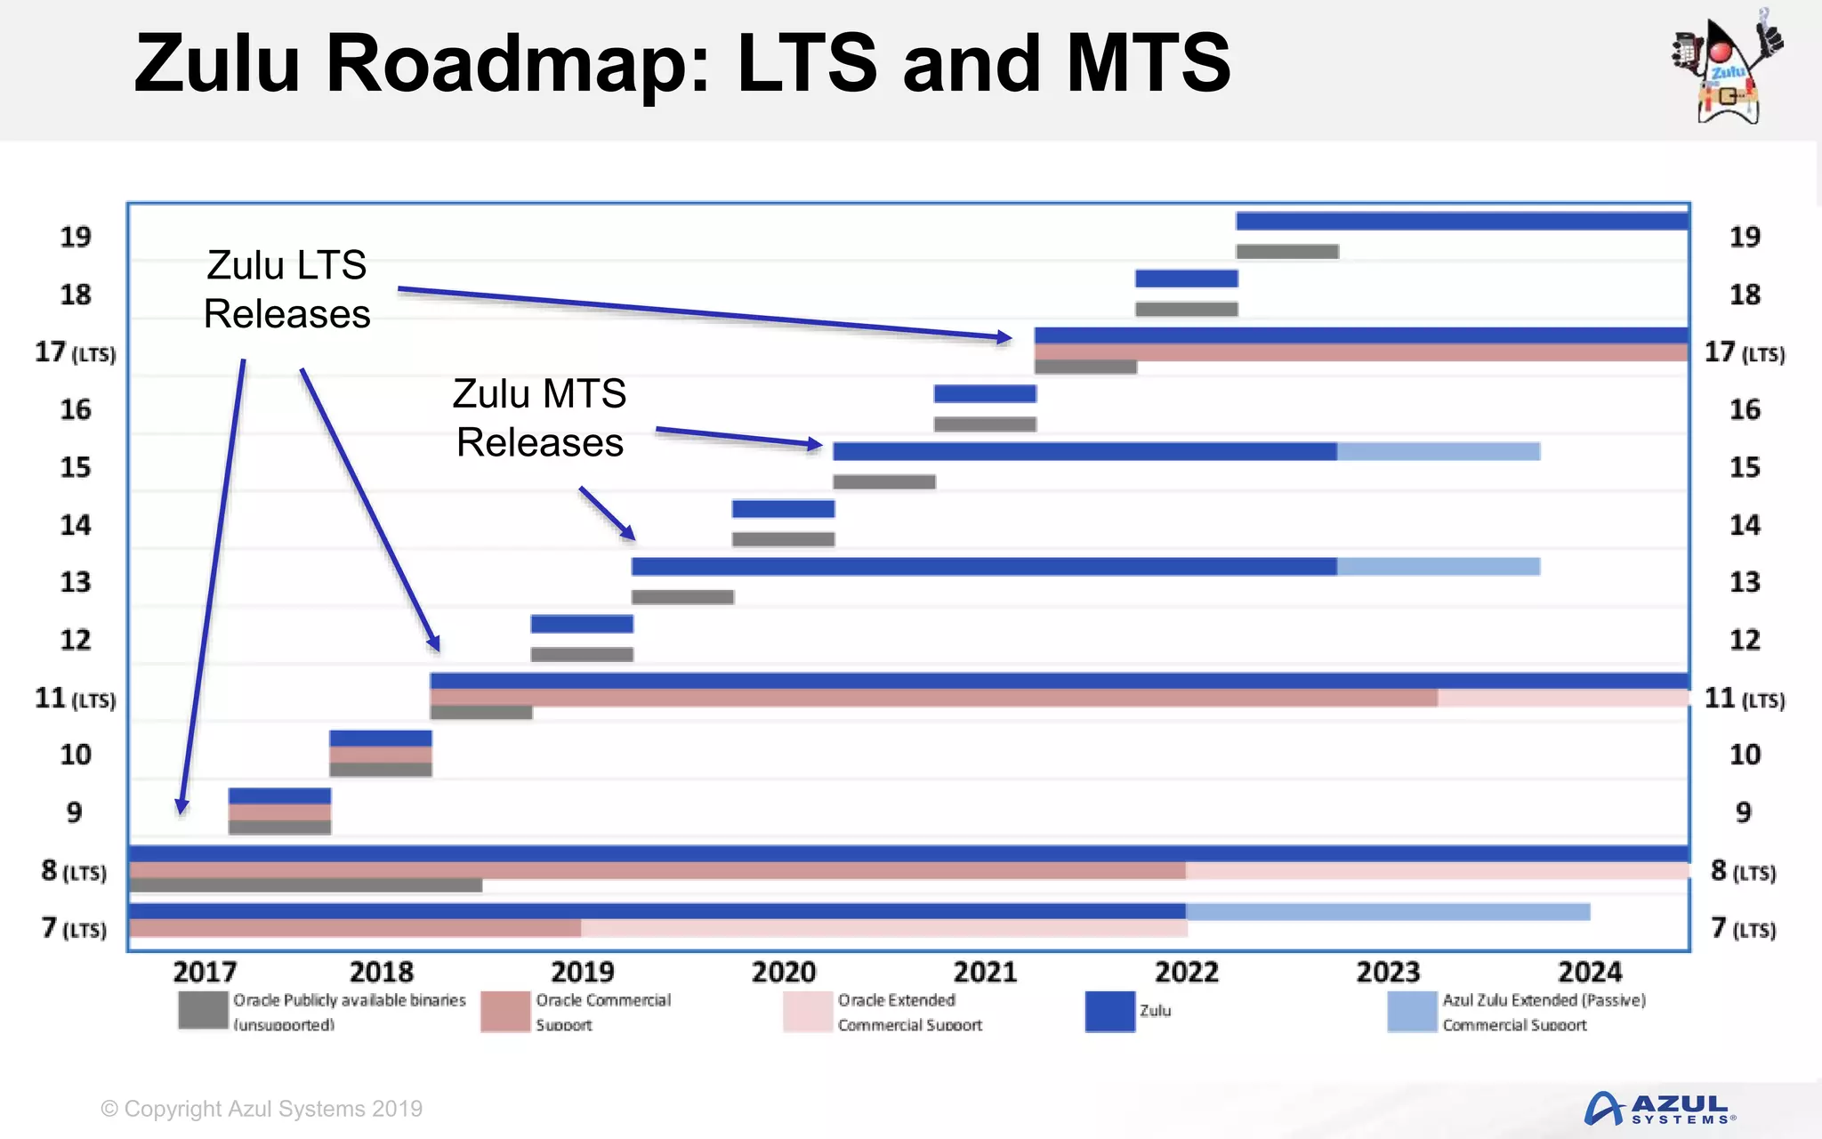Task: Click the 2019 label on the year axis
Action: click(x=582, y=971)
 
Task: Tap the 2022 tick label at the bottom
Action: click(x=1186, y=971)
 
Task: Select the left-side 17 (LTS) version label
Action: click(x=76, y=352)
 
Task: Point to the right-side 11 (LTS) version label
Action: click(x=1744, y=699)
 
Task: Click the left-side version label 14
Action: click(x=76, y=525)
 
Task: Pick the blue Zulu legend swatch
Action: click(x=1109, y=1012)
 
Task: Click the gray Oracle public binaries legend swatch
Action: click(x=203, y=1012)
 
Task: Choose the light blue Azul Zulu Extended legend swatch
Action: click(x=1412, y=1012)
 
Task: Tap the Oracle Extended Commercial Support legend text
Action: click(x=909, y=1012)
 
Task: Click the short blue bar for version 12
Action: click(x=582, y=624)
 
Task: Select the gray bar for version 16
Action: click(x=985, y=424)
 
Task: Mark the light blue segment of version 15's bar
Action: click(x=1438, y=451)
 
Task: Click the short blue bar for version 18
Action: click(x=1186, y=279)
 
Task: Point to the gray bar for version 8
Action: click(x=305, y=886)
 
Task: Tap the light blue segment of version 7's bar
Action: click(x=1387, y=911)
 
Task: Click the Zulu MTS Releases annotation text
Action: click(x=539, y=417)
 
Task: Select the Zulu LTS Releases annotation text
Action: click(x=286, y=289)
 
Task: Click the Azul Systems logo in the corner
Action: click(x=1659, y=1109)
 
